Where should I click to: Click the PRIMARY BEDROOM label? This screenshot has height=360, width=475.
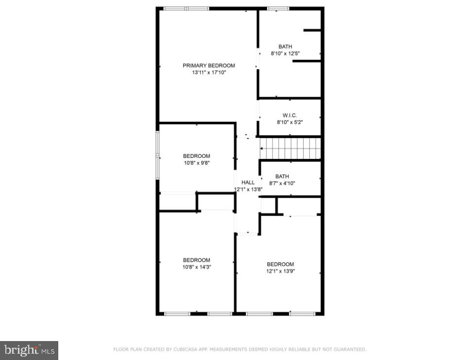click(209, 66)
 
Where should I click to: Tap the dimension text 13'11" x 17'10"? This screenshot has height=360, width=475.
click(209, 72)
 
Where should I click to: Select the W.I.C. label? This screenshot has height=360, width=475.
click(289, 115)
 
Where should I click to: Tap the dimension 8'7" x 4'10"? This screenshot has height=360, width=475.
click(282, 183)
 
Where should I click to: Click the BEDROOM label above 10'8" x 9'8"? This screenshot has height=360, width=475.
click(197, 156)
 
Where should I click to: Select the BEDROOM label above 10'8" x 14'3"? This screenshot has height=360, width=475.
click(197, 260)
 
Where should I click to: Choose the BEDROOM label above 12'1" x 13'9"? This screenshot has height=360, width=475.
click(280, 264)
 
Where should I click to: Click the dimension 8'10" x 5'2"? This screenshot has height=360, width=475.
click(289, 122)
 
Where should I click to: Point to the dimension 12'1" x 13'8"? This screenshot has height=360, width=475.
click(248, 189)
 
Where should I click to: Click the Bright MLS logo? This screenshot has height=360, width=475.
click(29, 350)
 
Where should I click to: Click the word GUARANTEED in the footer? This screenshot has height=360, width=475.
click(350, 349)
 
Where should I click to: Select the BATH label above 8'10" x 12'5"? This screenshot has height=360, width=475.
click(285, 47)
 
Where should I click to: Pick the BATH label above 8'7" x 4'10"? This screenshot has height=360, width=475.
click(282, 176)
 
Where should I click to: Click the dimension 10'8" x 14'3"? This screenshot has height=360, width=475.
click(197, 267)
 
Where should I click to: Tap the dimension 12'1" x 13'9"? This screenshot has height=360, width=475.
click(280, 271)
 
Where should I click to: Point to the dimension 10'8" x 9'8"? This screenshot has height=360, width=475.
click(197, 163)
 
